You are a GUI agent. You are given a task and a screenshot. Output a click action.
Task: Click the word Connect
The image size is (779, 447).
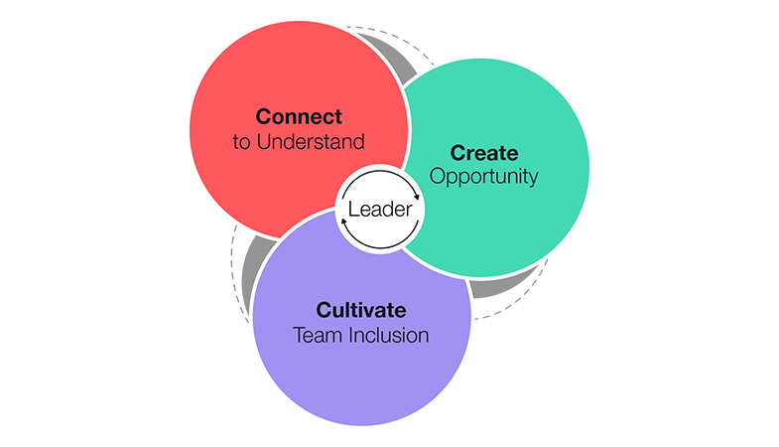299,116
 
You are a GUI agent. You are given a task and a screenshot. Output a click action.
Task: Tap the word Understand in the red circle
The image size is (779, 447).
311,141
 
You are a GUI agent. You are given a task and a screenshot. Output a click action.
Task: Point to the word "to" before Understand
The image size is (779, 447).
241,141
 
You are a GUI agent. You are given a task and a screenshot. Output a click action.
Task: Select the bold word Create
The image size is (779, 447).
484,153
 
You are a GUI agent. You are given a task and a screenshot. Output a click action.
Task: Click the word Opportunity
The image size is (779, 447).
483,177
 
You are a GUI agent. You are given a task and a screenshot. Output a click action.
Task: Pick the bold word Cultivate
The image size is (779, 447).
361,310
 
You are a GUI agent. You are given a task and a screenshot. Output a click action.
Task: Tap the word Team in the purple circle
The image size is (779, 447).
317,335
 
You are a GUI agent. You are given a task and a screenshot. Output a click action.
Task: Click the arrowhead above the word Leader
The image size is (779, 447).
417,198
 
